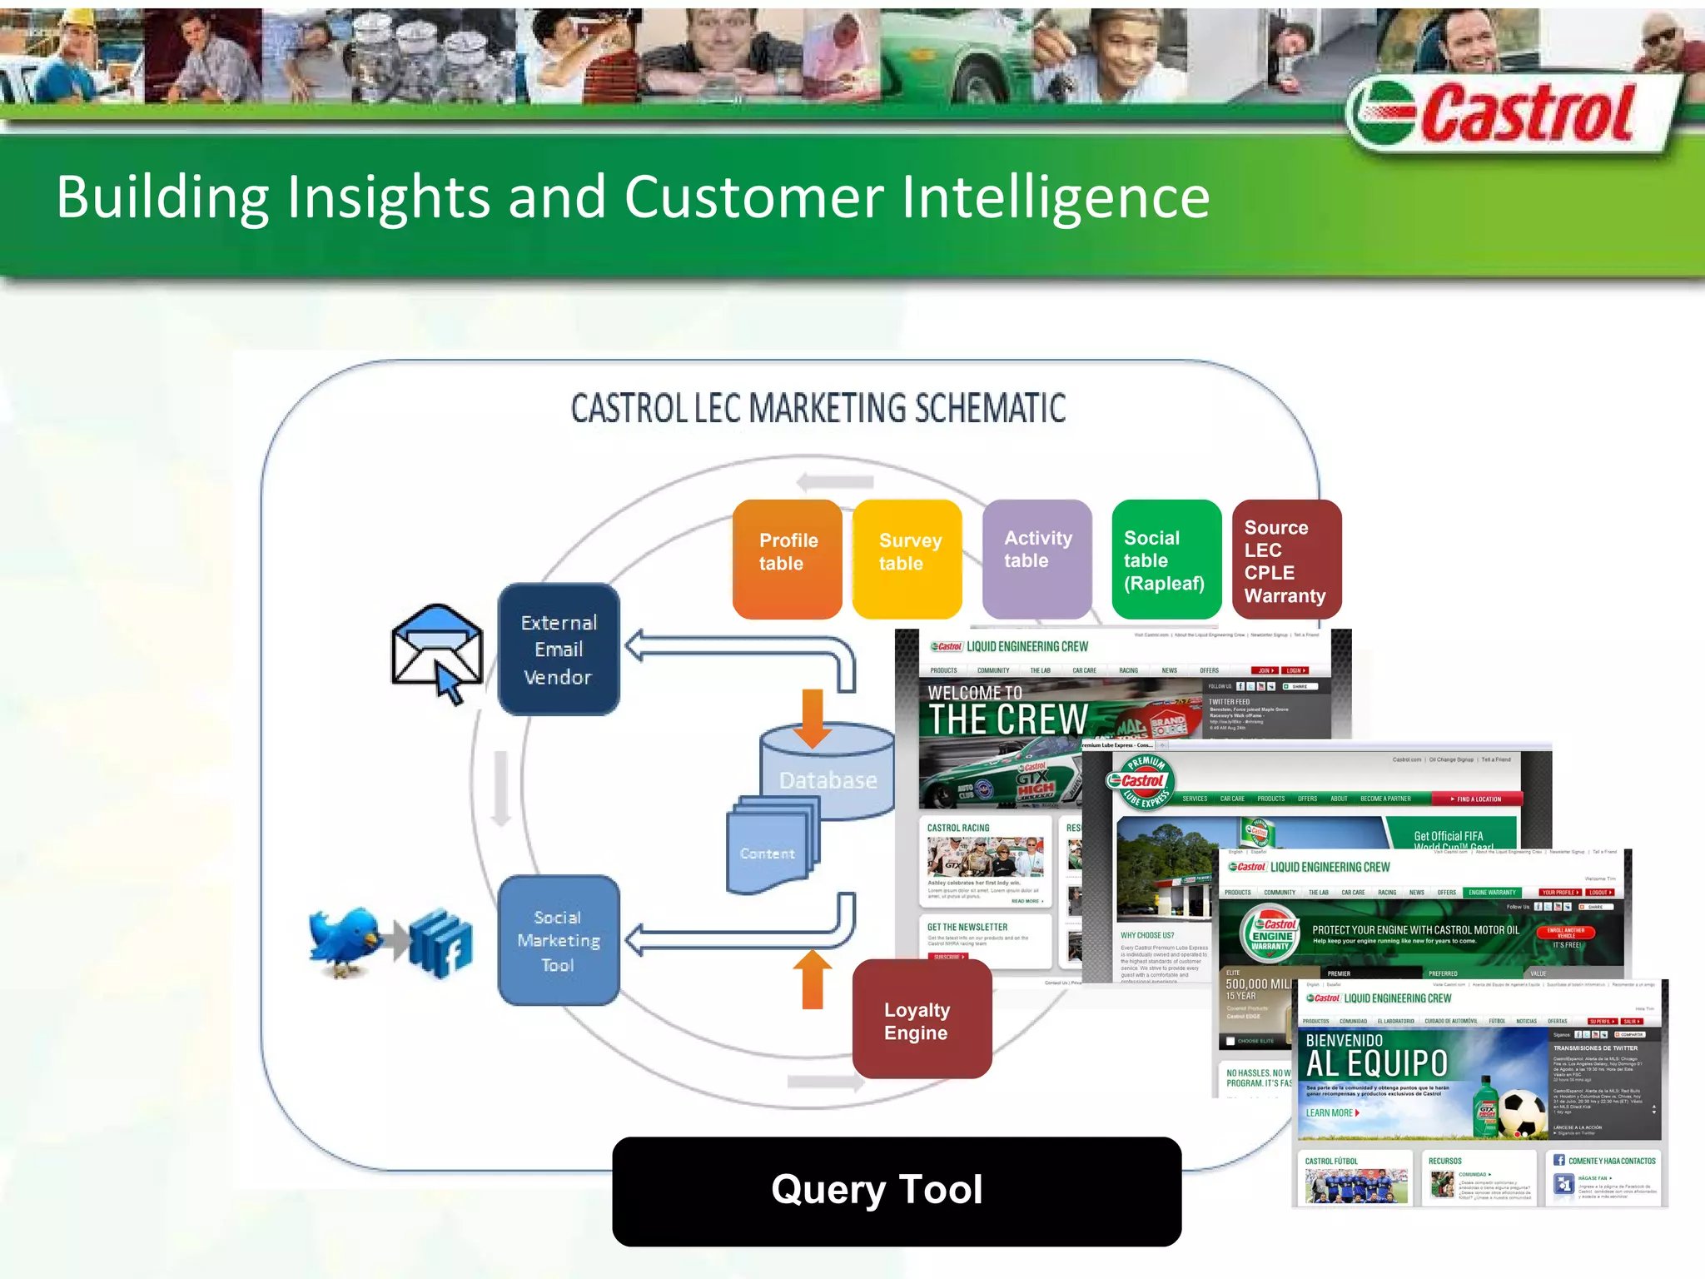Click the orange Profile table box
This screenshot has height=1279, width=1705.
point(788,559)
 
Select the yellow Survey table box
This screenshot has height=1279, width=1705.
point(907,559)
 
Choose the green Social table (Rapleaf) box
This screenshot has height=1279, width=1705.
point(1166,559)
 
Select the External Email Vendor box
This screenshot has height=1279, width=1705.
point(559,649)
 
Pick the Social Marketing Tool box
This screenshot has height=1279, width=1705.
point(559,941)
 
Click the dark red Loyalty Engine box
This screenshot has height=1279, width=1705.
point(922,1021)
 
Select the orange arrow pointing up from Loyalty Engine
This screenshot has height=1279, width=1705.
point(813,979)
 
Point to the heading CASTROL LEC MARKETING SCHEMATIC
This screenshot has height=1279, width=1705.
point(818,409)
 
